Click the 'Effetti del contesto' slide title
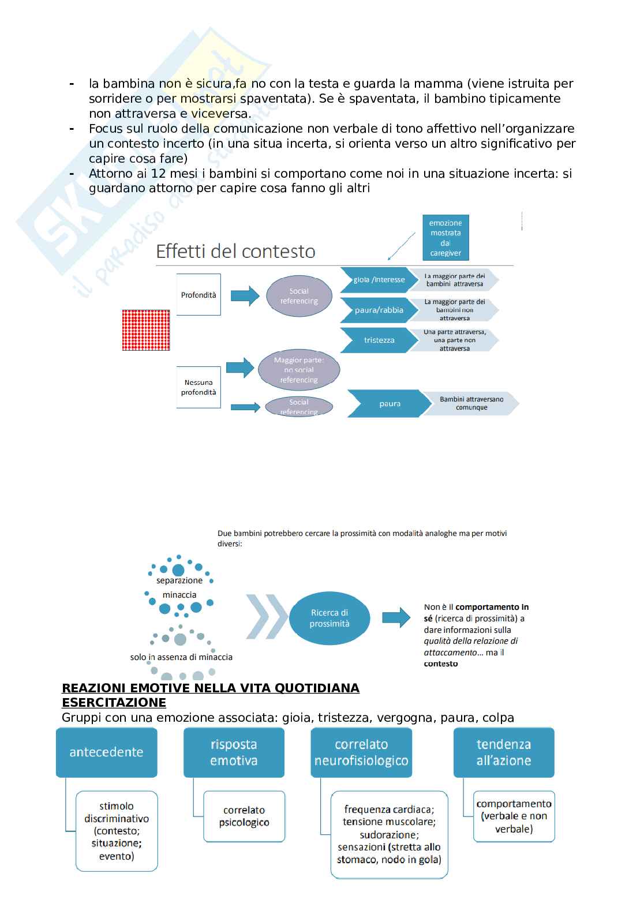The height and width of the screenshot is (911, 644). point(235,252)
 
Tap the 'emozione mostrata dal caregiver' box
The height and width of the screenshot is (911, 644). point(445,238)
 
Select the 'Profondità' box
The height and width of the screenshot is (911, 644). point(199,295)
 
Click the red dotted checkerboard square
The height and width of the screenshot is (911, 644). point(146,330)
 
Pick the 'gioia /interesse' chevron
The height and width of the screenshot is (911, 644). point(376,280)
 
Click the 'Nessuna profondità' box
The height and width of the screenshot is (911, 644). point(199,387)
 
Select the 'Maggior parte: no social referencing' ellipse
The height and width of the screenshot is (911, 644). point(299,370)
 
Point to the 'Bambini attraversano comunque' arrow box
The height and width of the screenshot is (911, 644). point(470,403)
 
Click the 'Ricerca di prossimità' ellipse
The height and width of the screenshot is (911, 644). point(330,618)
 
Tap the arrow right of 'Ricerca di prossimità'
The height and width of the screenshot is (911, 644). point(396,617)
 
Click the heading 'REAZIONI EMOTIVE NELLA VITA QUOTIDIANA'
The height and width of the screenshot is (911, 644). point(211,688)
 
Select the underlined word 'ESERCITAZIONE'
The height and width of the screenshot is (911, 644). point(114,702)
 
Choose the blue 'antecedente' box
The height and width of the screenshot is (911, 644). point(106,752)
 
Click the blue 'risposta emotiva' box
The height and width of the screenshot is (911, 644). point(234,752)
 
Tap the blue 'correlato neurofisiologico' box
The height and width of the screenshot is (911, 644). point(361,752)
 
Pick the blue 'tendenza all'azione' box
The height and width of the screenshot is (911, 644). point(504,752)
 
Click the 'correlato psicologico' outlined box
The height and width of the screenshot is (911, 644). point(244,816)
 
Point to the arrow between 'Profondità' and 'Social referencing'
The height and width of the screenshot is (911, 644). point(245,295)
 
